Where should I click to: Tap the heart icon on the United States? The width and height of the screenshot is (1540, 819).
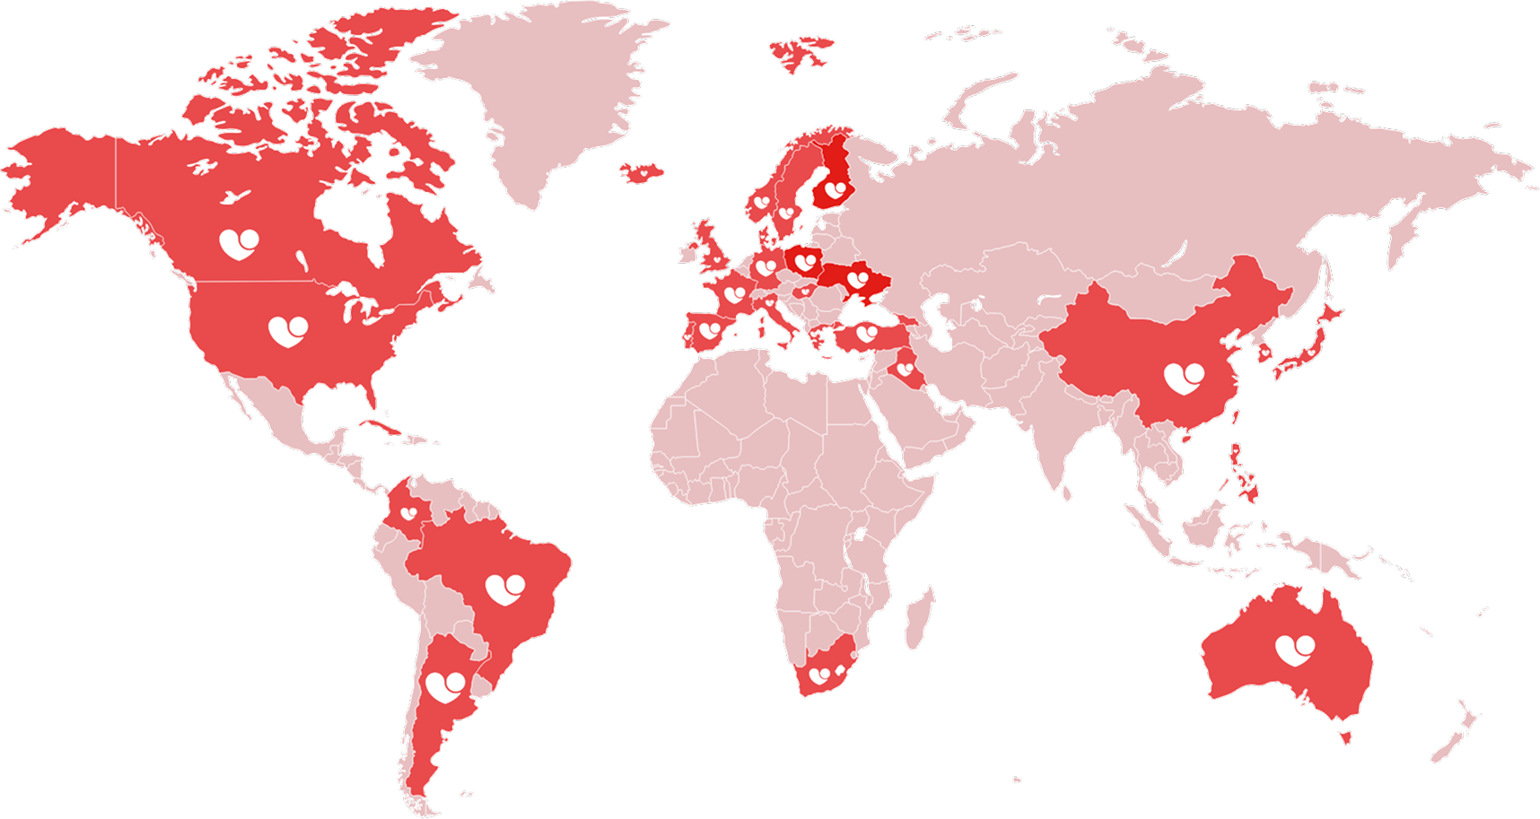tap(288, 331)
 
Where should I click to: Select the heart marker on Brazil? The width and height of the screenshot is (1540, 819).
tap(505, 589)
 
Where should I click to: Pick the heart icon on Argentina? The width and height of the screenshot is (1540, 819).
tap(445, 687)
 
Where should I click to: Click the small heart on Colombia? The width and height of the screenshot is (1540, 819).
tap(408, 513)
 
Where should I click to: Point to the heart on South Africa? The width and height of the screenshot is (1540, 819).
tap(819, 675)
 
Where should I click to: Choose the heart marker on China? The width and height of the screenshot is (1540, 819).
tap(1184, 379)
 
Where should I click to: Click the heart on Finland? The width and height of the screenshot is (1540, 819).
tap(835, 190)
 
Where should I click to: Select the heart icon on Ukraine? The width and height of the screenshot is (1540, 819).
tap(858, 280)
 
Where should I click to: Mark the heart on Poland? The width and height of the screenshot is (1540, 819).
tap(805, 262)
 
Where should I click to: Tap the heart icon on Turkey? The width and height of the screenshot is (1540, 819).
tap(866, 334)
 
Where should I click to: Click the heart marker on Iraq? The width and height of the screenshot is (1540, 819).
tap(905, 369)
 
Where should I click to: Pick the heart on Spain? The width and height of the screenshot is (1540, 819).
tap(710, 330)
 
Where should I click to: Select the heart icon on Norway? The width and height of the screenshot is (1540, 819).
tap(761, 203)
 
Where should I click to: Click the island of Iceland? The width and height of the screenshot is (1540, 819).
tap(643, 170)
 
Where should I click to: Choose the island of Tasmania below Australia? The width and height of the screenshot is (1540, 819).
tap(1345, 737)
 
